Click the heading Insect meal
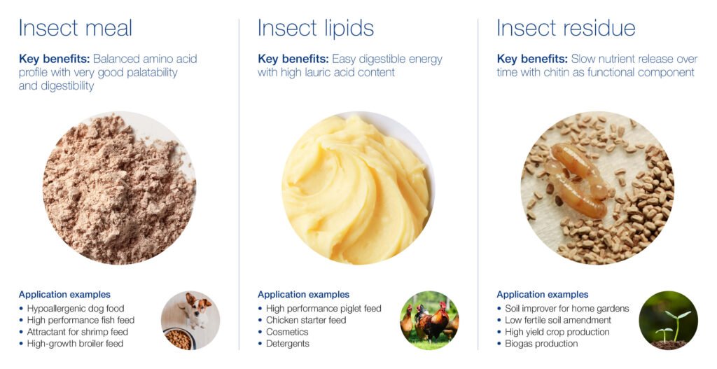point(76,27)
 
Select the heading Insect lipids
point(316,28)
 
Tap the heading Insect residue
point(566,27)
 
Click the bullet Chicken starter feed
point(306,320)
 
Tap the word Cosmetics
point(287,332)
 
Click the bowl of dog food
point(178,339)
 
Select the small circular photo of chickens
point(429,321)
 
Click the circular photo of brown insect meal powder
point(119,188)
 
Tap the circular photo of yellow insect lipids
point(358,188)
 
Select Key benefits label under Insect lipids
point(293,59)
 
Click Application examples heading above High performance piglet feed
point(304,295)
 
